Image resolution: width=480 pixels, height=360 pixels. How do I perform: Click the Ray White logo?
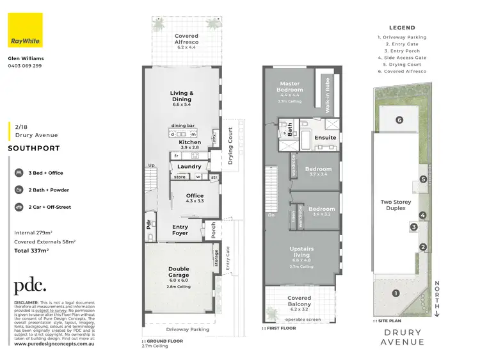(25, 30)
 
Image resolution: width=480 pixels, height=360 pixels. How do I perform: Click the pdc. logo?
(30, 286)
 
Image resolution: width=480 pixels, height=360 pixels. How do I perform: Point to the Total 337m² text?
(33, 250)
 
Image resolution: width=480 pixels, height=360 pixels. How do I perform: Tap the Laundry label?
(189, 167)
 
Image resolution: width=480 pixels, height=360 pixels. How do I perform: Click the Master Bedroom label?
(291, 86)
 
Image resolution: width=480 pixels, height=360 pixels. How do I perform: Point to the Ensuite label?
(325, 138)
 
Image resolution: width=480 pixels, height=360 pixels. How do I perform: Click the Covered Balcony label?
(299, 300)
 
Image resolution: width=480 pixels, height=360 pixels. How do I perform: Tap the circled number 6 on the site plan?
(399, 120)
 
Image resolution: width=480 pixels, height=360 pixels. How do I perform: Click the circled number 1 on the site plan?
(396, 293)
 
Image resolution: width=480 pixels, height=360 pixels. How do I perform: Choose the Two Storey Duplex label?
(394, 205)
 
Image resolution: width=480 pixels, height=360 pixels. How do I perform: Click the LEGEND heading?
(401, 28)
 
